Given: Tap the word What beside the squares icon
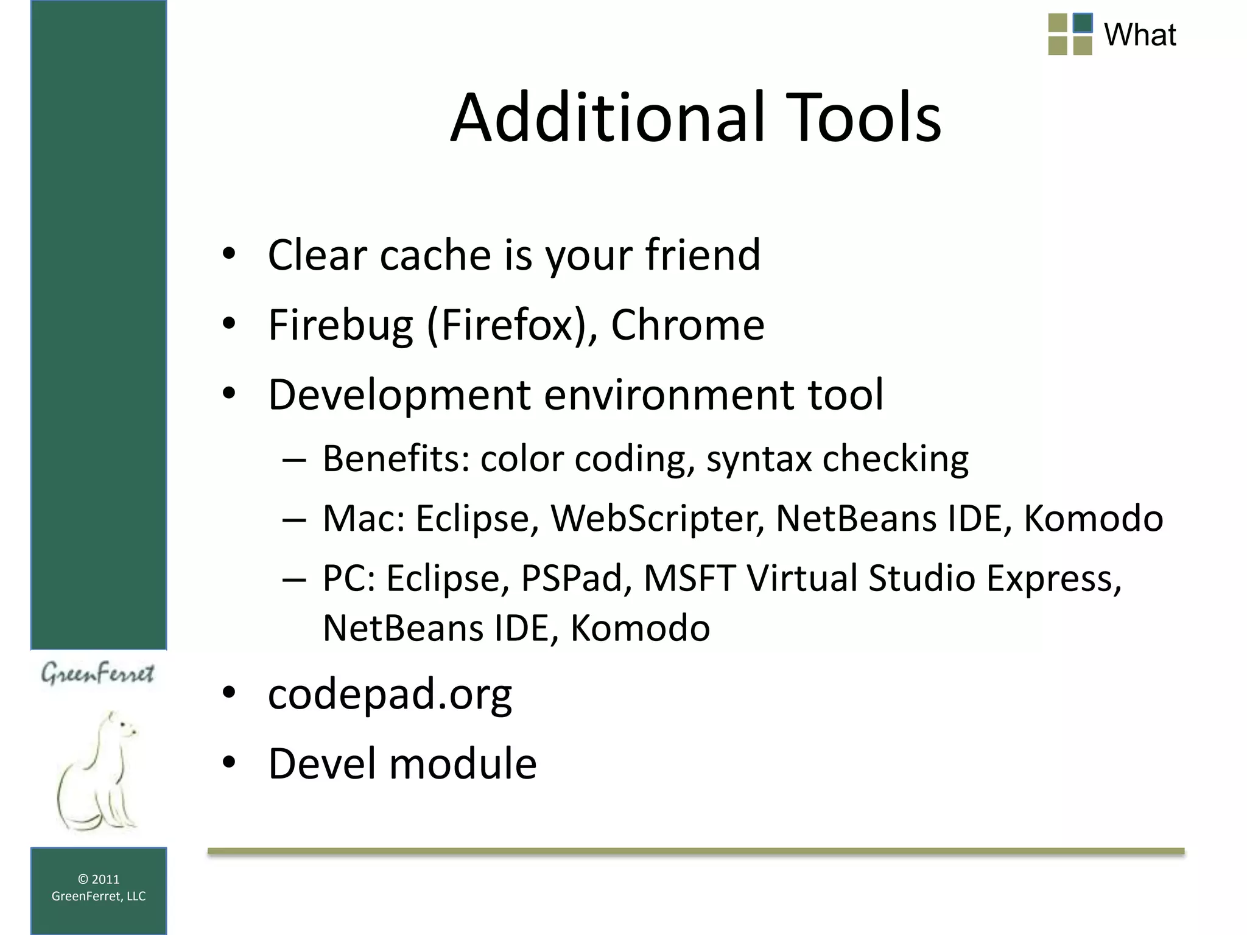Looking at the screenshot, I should pyautogui.click(x=1140, y=35).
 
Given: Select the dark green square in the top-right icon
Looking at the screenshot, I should pyautogui.click(x=1082, y=23).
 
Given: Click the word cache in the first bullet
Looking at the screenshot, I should pyautogui.click(x=435, y=254).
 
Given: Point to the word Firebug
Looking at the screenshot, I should pyautogui.click(x=340, y=325).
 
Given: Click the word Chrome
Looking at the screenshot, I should pyautogui.click(x=687, y=325).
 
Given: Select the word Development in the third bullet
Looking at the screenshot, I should pyautogui.click(x=399, y=396).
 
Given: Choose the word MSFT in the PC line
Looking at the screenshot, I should pyautogui.click(x=689, y=578).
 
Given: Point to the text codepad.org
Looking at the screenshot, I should pyautogui.click(x=390, y=694).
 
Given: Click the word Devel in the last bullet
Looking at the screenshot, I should pyautogui.click(x=322, y=764).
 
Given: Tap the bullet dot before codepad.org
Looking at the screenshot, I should pyautogui.click(x=229, y=693).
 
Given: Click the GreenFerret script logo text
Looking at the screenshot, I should pyautogui.click(x=97, y=674).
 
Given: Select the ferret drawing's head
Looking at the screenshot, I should pyautogui.click(x=122, y=727).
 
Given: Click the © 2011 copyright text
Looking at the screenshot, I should pyautogui.click(x=99, y=879).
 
